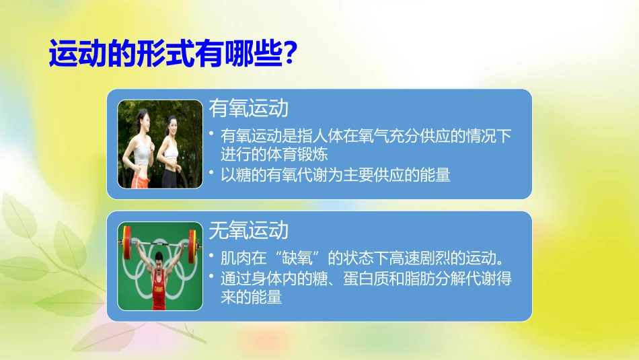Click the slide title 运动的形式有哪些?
[174, 55]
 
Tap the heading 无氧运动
[248, 231]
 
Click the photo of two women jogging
[160, 144]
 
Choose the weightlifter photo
[160, 266]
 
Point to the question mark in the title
[289, 55]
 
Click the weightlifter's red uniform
[159, 296]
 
